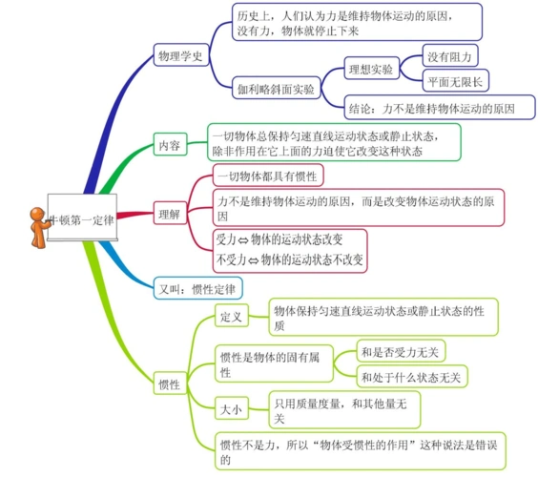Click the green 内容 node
tap(170, 145)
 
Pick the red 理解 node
tap(170, 213)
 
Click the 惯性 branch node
tap(168, 384)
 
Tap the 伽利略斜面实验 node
tap(276, 90)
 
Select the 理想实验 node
tap(370, 70)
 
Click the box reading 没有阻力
tap(450, 56)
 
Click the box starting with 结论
tap(430, 110)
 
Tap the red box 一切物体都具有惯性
tap(268, 176)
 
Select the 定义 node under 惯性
tap(232, 316)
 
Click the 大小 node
tap(231, 409)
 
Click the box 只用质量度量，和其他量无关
tap(344, 410)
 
